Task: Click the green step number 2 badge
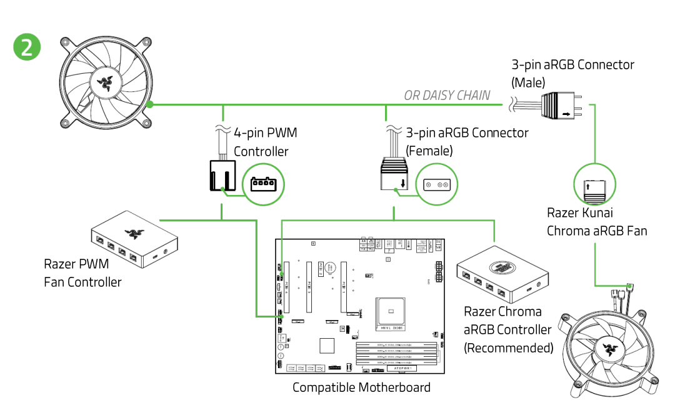pyautogui.click(x=27, y=47)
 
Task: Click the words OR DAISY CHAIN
pyautogui.click(x=447, y=96)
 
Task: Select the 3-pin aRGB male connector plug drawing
pyautogui.click(x=559, y=104)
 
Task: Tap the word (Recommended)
pyautogui.click(x=508, y=347)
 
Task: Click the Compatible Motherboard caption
pyautogui.click(x=361, y=387)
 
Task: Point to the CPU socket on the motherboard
pyautogui.click(x=390, y=311)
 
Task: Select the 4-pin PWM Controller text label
pyautogui.click(x=265, y=142)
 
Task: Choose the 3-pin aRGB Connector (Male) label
pyautogui.click(x=572, y=73)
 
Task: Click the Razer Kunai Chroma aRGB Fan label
pyautogui.click(x=597, y=222)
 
